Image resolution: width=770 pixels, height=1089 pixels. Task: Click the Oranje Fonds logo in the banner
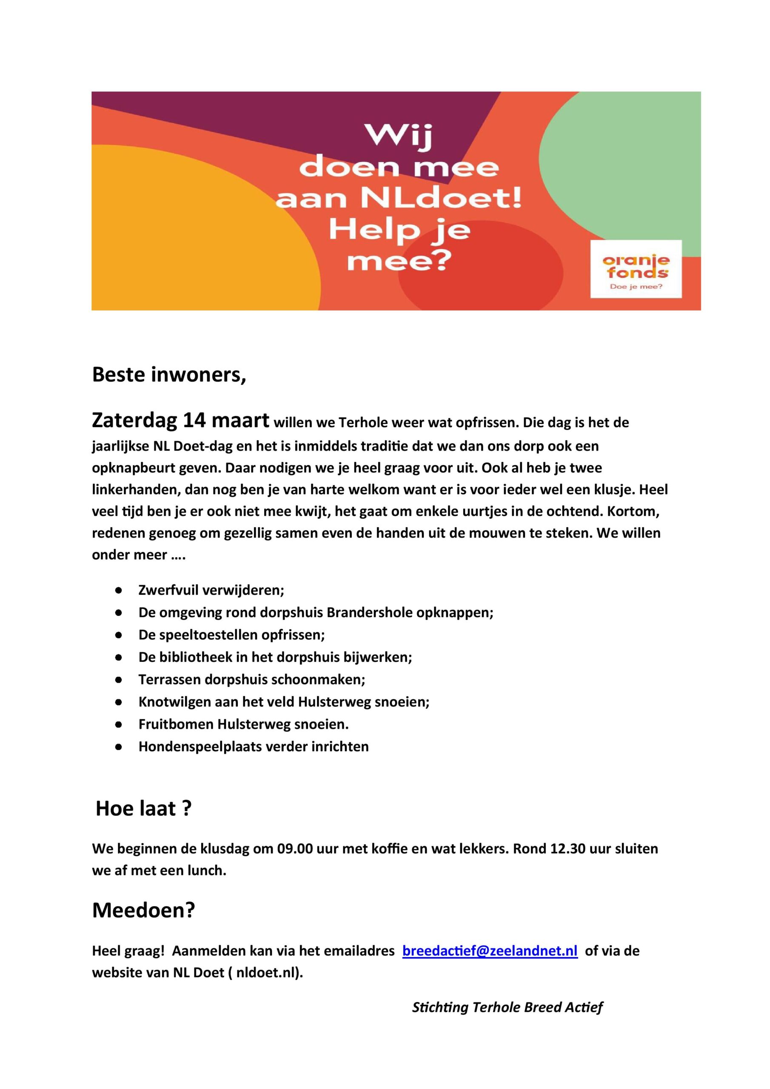[635, 269]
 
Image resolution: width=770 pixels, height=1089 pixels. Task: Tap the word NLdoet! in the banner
[440, 199]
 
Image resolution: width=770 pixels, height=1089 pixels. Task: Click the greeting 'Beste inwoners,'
[169, 375]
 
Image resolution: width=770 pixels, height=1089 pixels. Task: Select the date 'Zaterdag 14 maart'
[180, 420]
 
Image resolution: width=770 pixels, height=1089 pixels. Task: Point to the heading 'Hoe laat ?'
[143, 808]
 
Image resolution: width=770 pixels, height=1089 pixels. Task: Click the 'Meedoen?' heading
[143, 910]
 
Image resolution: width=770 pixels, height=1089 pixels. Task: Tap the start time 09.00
[295, 849]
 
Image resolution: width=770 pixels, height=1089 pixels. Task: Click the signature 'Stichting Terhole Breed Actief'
[507, 1007]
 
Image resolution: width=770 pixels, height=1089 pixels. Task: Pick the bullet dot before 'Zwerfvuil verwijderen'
[119, 590]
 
